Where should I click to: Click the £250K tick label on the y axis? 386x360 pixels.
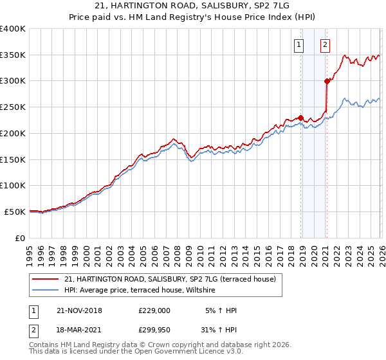[12, 107]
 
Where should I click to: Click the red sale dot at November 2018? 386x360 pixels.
[300, 118]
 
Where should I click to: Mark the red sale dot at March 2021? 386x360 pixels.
[327, 81]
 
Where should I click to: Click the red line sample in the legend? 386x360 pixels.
[46, 279]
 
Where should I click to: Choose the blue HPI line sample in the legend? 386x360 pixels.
[46, 291]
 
